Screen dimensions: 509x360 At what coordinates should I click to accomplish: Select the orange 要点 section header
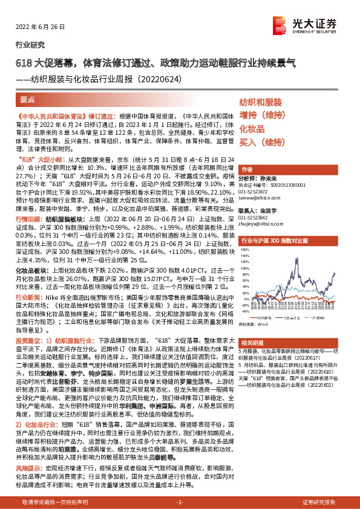coord(27,98)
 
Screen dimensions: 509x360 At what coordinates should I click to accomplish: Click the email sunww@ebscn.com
coord(258,196)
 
